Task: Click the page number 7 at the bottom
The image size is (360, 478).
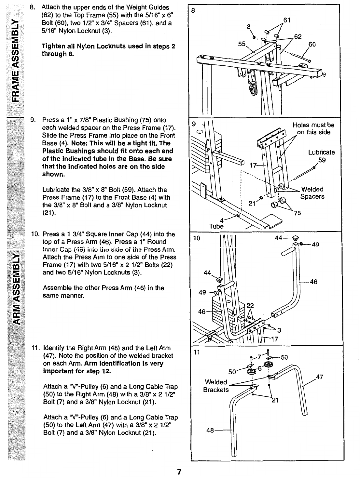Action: click(x=179, y=471)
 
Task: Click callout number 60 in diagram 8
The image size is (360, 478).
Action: click(x=312, y=44)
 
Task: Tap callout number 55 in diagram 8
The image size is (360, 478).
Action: click(x=242, y=44)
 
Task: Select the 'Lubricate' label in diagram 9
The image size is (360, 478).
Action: click(x=321, y=152)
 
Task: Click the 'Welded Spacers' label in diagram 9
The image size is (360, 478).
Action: click(x=312, y=193)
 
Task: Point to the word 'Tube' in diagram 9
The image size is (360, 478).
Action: click(x=216, y=226)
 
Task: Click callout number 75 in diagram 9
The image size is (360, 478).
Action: click(x=298, y=213)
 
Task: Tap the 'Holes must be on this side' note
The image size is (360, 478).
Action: click(x=313, y=129)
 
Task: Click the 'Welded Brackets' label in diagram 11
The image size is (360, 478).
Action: click(x=216, y=386)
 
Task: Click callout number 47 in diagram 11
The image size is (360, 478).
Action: click(x=320, y=377)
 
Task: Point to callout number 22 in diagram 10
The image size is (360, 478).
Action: click(x=250, y=305)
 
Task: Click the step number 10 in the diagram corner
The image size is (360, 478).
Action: click(x=196, y=238)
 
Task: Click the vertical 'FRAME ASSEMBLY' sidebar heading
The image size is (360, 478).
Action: click(x=16, y=60)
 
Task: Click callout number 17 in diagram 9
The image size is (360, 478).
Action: click(x=253, y=165)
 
